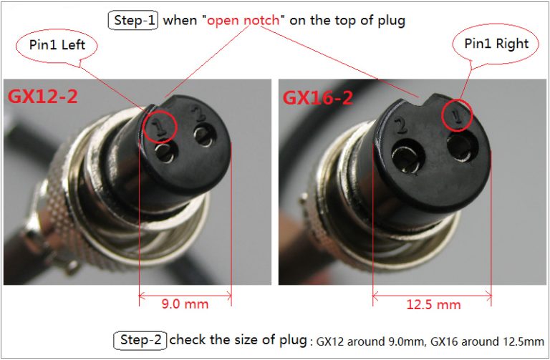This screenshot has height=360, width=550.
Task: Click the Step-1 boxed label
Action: (133, 20)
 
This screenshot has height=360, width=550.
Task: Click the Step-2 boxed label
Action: (140, 340)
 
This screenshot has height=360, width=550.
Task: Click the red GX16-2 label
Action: (318, 97)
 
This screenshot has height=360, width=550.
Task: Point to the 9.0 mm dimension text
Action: (184, 304)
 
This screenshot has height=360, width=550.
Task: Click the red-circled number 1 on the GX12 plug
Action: (161, 126)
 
